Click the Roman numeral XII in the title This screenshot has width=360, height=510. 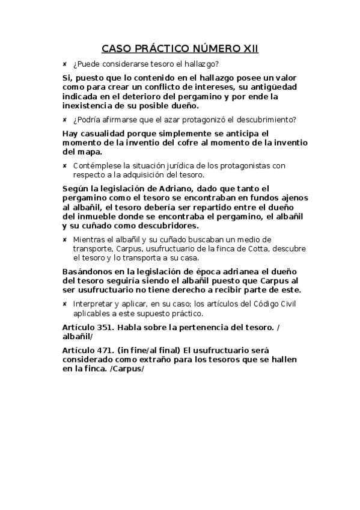point(249,48)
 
